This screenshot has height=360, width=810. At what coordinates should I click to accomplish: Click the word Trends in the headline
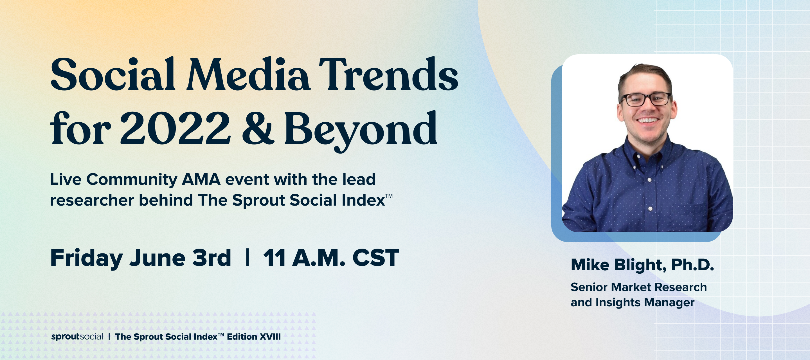click(x=389, y=75)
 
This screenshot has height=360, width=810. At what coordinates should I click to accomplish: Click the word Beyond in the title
click(x=360, y=131)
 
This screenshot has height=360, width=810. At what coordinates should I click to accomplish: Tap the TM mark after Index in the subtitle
click(x=389, y=196)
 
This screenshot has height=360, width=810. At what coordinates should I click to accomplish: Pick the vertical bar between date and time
click(x=247, y=258)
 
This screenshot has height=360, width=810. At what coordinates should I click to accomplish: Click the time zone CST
click(x=376, y=258)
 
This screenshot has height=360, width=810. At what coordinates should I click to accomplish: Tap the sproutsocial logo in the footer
click(x=77, y=337)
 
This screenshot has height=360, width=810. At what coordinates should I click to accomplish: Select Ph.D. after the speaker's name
click(x=693, y=265)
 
